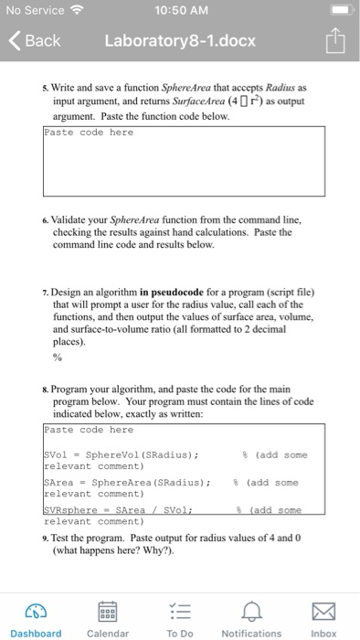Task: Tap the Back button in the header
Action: [x=37, y=41]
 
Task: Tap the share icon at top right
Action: [x=334, y=40]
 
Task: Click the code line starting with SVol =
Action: [x=128, y=454]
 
